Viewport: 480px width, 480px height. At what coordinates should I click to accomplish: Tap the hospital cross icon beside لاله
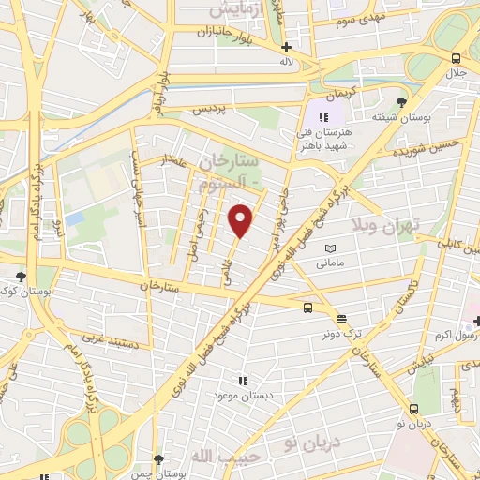click(x=286, y=47)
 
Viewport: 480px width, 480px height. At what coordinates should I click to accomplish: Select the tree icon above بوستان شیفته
click(x=402, y=102)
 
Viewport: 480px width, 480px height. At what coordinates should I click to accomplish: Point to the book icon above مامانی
click(x=329, y=248)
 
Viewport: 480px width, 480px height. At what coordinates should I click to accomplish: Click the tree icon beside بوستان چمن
click(x=157, y=459)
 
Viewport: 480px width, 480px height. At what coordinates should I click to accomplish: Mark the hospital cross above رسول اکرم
click(x=475, y=322)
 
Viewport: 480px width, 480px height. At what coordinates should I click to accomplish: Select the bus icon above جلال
click(x=457, y=58)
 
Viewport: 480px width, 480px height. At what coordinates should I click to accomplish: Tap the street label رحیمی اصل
click(x=200, y=222)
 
